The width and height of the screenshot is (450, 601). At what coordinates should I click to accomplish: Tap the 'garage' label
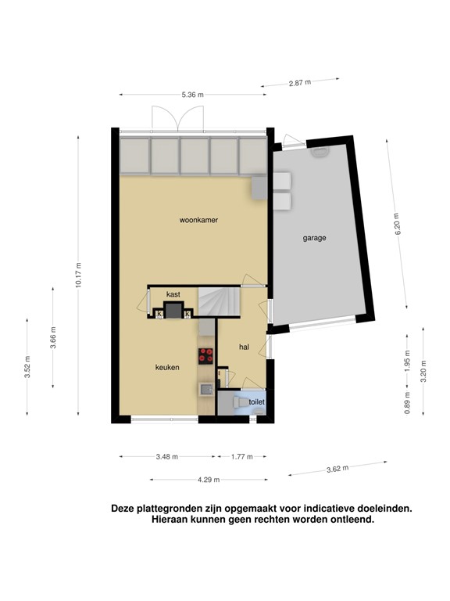point(314,238)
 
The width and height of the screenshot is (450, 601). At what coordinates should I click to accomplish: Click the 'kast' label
point(173,293)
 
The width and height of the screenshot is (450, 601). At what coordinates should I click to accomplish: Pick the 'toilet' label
point(257,402)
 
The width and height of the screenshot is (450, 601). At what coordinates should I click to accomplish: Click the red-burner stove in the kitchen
point(206,356)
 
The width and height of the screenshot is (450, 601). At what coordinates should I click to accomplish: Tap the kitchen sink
point(205,387)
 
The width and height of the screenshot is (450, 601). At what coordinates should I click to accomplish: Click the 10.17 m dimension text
point(78,274)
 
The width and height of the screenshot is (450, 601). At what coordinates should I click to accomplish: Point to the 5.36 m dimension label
point(192,95)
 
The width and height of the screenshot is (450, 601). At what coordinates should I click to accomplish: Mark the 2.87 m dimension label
point(299,82)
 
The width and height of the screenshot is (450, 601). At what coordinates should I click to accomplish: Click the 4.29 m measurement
point(209,480)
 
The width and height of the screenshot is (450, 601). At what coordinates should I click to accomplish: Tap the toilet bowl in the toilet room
point(238,401)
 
